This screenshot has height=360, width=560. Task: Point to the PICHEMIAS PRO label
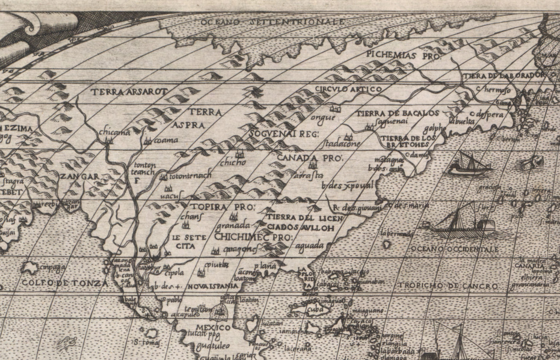point(402,53)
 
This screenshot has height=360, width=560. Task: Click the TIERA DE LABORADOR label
point(505,76)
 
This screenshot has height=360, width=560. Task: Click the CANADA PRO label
point(310,158)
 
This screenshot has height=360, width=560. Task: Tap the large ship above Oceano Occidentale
point(460,219)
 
